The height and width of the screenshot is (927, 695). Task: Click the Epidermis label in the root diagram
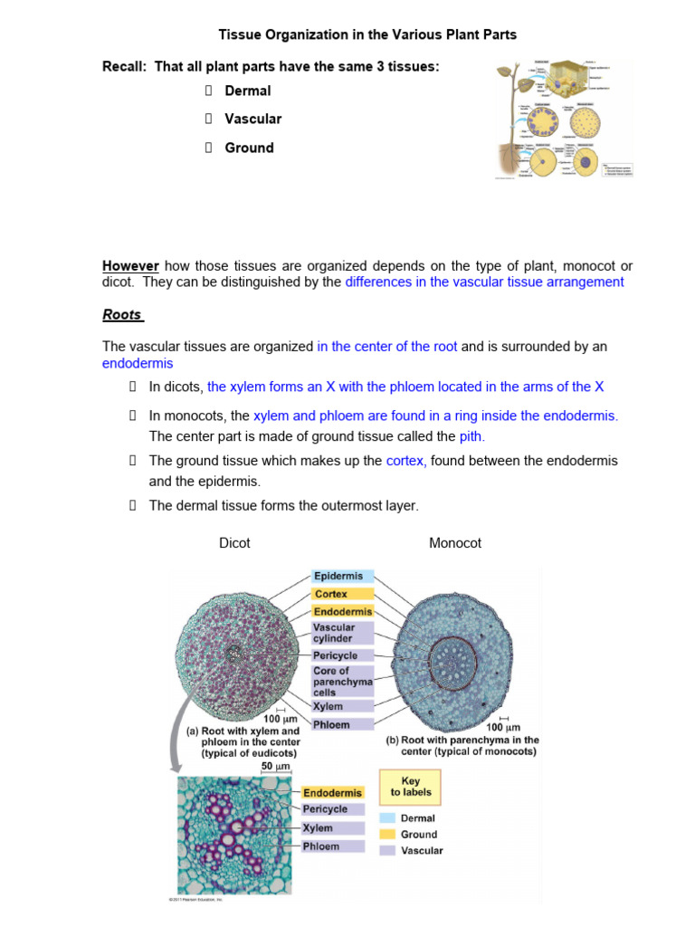[x=338, y=576]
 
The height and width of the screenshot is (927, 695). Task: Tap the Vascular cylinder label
[x=335, y=633]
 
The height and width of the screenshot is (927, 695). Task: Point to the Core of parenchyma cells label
[x=331, y=682]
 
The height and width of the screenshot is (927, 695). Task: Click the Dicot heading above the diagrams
[x=235, y=543]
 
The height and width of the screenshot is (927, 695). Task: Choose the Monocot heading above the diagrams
[x=455, y=543]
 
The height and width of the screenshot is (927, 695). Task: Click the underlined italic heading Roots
[x=122, y=316]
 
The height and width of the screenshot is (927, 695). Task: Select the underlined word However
[x=130, y=266]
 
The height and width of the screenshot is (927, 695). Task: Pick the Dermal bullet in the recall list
[x=248, y=91]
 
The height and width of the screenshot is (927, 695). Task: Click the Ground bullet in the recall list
[x=249, y=148]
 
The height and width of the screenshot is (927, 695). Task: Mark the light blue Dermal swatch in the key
[x=388, y=818]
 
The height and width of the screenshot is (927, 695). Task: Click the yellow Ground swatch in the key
[x=388, y=835]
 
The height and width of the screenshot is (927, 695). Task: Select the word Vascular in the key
[x=422, y=851]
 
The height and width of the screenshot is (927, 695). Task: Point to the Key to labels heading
[x=411, y=785]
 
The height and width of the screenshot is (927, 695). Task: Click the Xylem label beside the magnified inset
[x=319, y=828]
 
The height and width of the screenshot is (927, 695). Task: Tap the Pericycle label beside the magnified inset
[x=325, y=809]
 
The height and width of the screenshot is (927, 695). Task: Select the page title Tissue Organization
[x=367, y=35]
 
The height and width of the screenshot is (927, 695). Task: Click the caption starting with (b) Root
[x=462, y=745]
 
